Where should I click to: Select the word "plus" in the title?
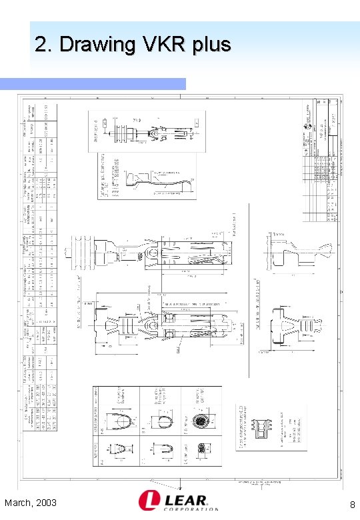point(213,45)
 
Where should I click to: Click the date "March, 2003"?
point(30,502)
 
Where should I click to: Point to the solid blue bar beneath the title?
point(93,83)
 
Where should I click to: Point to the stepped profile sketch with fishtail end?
point(293,255)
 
